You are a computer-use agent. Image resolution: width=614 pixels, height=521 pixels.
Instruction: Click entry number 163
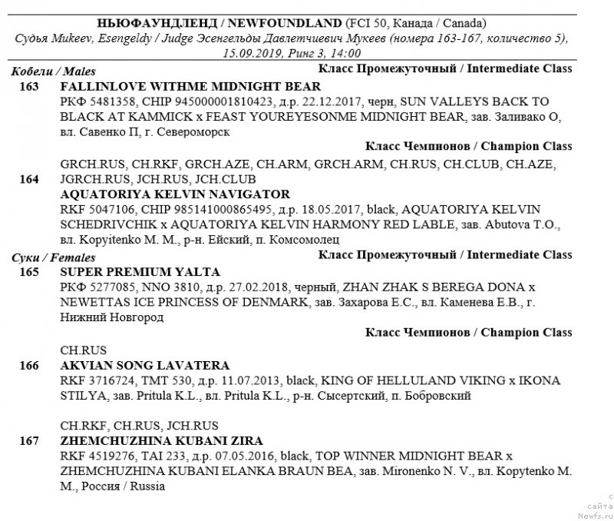(30, 87)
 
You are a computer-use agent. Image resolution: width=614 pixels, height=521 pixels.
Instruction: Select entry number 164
(30, 180)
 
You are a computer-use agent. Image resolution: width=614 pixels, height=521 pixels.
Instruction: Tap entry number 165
(30, 272)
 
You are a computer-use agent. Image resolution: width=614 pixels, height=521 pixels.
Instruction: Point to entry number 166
(30, 366)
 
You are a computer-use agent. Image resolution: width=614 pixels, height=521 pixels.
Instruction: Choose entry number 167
(30, 441)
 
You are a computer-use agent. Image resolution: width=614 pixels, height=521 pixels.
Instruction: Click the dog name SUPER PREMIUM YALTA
(140, 272)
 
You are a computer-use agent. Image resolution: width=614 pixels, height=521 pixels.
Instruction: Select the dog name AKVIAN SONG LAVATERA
(144, 366)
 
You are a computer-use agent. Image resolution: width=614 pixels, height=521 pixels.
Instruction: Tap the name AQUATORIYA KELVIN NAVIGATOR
(174, 194)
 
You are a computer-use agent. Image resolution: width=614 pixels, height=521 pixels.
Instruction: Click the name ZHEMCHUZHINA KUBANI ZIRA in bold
(161, 441)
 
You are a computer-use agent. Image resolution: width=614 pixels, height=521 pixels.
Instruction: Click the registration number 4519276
(107, 456)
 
